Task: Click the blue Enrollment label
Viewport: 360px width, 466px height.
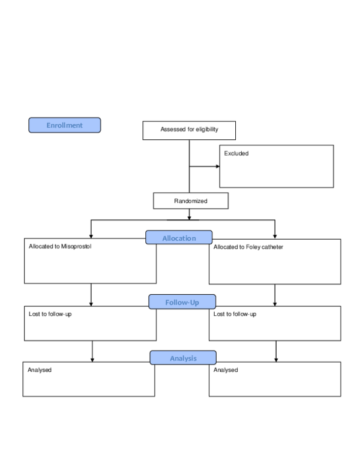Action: [65, 125]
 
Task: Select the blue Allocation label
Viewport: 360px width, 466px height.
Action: [179, 238]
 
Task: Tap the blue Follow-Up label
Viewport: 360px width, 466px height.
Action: [182, 302]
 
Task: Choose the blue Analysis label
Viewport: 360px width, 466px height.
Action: [183, 358]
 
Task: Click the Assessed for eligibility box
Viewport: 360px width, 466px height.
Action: [189, 130]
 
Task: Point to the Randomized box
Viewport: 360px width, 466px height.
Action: [191, 201]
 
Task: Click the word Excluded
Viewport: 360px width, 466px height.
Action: [236, 154]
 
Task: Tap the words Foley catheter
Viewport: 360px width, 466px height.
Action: [265, 247]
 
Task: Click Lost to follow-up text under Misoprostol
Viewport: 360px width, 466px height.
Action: [50, 314]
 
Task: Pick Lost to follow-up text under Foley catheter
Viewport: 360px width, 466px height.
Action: [235, 314]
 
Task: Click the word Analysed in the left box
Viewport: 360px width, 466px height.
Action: [40, 370]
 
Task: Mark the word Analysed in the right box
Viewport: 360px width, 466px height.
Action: [226, 370]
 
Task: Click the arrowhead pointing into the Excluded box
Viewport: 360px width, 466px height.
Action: [217, 166]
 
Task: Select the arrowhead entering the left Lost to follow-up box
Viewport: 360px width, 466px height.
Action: [91, 304]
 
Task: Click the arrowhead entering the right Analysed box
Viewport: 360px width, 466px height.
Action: [276, 359]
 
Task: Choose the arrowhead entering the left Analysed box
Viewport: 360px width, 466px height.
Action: [92, 359]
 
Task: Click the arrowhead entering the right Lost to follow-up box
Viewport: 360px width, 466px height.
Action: [275, 304]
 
